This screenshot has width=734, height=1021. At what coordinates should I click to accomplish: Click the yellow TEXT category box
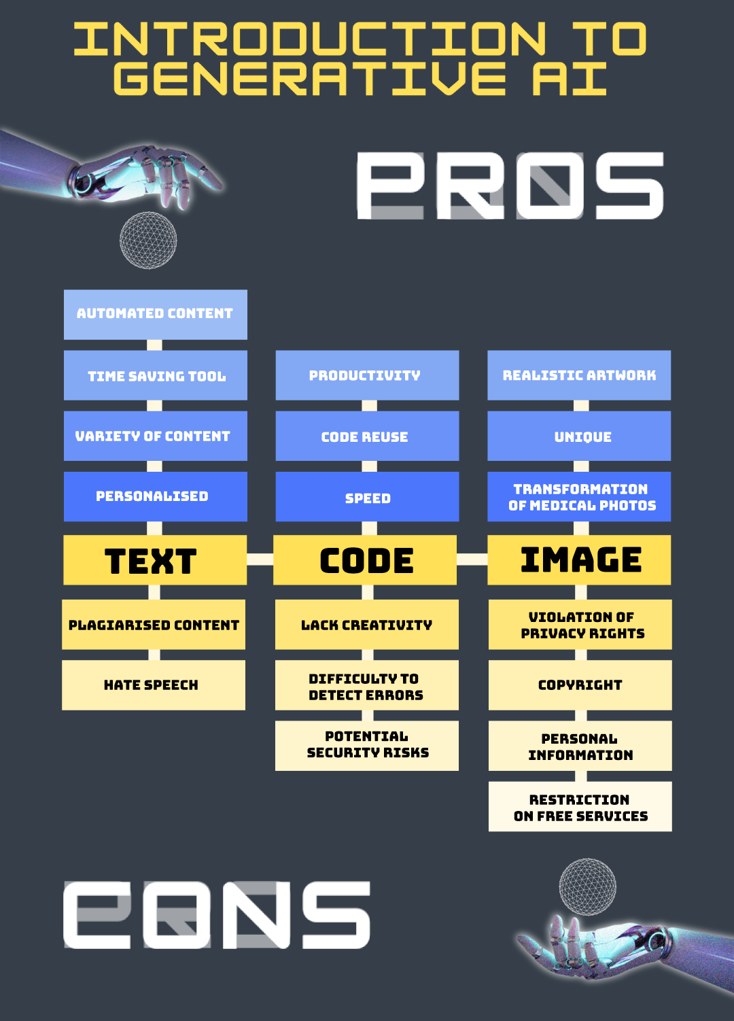pyautogui.click(x=155, y=560)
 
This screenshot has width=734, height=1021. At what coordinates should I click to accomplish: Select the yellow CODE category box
pyautogui.click(x=365, y=560)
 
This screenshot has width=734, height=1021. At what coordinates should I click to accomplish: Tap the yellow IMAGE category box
pyautogui.click(x=579, y=560)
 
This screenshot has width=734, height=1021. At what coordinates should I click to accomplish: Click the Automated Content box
pyautogui.click(x=155, y=314)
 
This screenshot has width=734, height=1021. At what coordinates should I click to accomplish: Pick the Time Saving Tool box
pyautogui.click(x=155, y=375)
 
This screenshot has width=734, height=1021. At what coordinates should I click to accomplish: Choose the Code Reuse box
pyautogui.click(x=367, y=436)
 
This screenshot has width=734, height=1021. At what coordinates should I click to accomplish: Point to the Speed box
pyautogui.click(x=367, y=497)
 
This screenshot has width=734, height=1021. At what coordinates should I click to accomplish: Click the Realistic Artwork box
pyautogui.click(x=579, y=375)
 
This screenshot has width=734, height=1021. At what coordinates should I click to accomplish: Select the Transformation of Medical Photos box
pyautogui.click(x=579, y=497)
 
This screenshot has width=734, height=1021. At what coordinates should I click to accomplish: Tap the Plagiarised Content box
pyautogui.click(x=154, y=625)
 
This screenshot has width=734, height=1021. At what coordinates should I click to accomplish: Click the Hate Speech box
pyautogui.click(x=154, y=685)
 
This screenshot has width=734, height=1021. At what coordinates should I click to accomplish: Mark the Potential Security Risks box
pyautogui.click(x=367, y=746)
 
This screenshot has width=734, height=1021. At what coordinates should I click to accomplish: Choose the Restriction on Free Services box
pyautogui.click(x=580, y=807)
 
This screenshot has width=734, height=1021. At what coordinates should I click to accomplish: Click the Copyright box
pyautogui.click(x=580, y=685)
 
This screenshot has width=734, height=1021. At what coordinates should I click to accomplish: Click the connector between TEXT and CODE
pyautogui.click(x=260, y=559)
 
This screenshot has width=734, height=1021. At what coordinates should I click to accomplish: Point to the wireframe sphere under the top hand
pyautogui.click(x=148, y=240)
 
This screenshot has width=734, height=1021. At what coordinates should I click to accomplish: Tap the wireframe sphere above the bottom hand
pyautogui.click(x=588, y=887)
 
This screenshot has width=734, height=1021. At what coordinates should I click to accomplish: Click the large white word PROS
pyautogui.click(x=510, y=186)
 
